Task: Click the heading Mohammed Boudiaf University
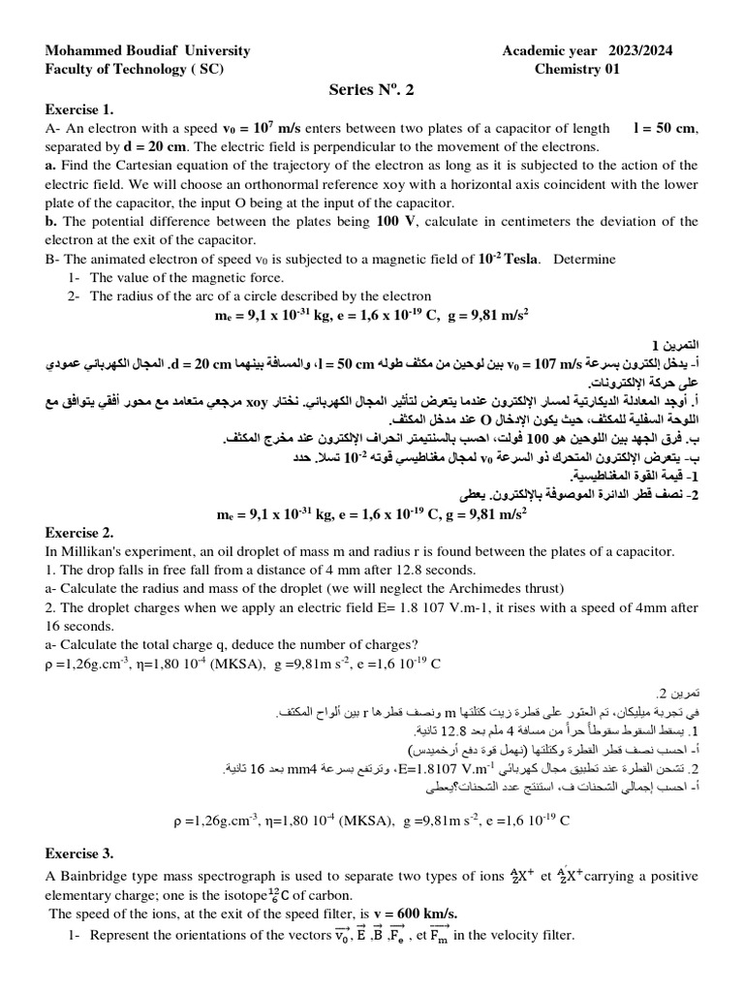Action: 147,50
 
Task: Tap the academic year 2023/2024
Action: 588,50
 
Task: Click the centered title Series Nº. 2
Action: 371,90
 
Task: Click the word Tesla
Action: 516,260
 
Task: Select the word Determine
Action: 584,260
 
